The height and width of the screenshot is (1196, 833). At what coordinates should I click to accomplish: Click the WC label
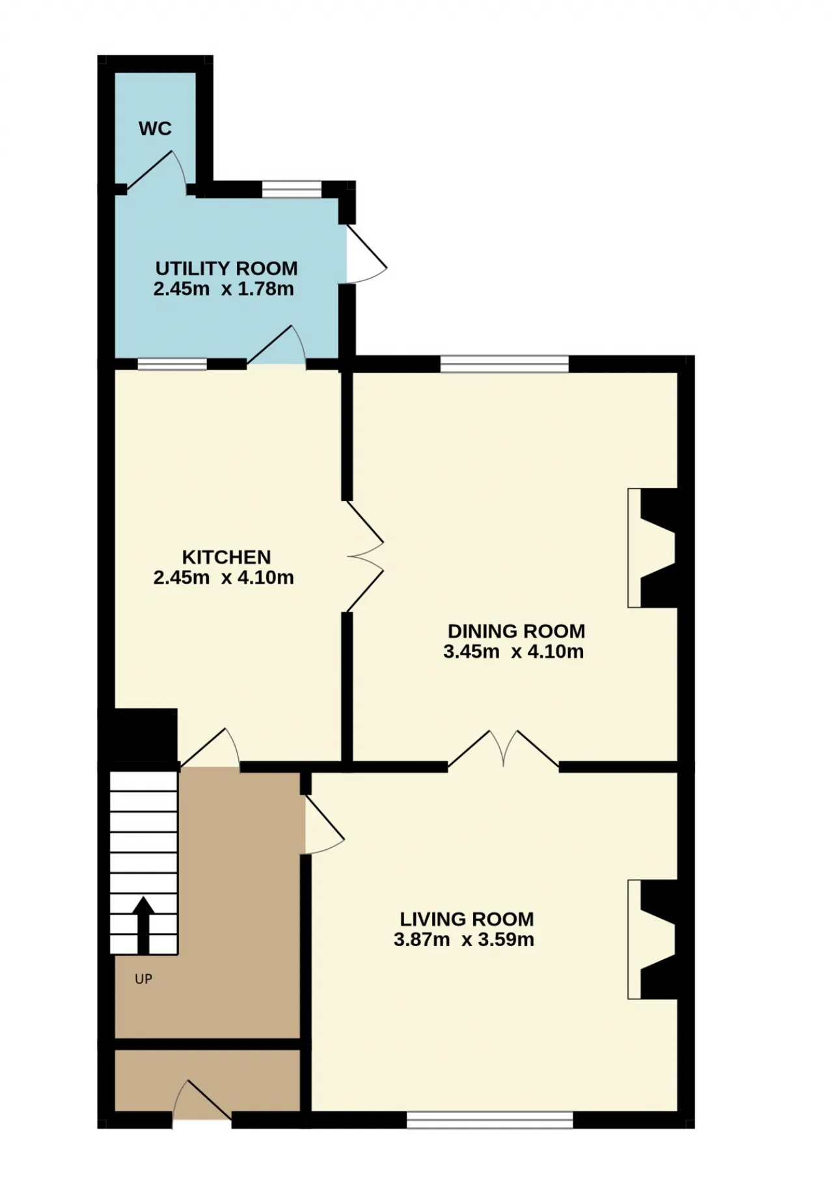pyautogui.click(x=155, y=129)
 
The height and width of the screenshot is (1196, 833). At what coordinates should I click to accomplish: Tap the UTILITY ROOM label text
pyautogui.click(x=226, y=268)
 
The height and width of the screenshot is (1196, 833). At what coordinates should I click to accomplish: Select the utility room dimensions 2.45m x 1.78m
pyautogui.click(x=223, y=289)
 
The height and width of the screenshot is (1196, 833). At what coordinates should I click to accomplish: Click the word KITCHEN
pyautogui.click(x=226, y=557)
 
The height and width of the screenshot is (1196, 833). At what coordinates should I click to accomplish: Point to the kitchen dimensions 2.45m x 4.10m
pyautogui.click(x=223, y=577)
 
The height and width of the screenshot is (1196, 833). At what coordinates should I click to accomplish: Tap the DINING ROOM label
pyautogui.click(x=517, y=631)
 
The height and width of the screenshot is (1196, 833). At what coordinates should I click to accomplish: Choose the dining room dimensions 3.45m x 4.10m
pyautogui.click(x=513, y=651)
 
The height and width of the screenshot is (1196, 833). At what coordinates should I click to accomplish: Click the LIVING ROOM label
pyautogui.click(x=467, y=919)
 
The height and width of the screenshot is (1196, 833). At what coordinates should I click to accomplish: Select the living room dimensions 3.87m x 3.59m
pyautogui.click(x=464, y=940)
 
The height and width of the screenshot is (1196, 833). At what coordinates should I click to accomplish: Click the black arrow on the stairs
pyautogui.click(x=143, y=925)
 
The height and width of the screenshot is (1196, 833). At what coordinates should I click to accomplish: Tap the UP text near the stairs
pyautogui.click(x=143, y=979)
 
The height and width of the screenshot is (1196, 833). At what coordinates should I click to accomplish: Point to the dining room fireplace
pyautogui.click(x=652, y=548)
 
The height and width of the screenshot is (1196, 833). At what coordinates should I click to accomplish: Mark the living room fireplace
pyautogui.click(x=652, y=939)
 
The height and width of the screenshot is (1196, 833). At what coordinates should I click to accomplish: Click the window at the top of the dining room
pyautogui.click(x=504, y=364)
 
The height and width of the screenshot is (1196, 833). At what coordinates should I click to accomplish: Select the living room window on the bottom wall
pyautogui.click(x=489, y=1119)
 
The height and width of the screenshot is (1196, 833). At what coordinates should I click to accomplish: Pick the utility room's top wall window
pyautogui.click(x=292, y=189)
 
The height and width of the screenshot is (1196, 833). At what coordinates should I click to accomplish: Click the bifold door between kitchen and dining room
pyautogui.click(x=364, y=556)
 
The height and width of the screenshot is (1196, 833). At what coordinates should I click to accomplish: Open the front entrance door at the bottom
pyautogui.click(x=202, y=1101)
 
